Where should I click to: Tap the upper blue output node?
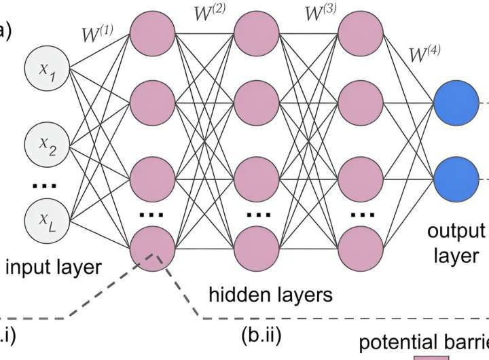pyautogui.click(x=456, y=103)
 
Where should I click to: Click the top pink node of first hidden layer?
pyautogui.click(x=151, y=31)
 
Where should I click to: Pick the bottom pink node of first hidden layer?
pyautogui.click(x=151, y=249)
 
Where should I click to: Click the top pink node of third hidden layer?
pyautogui.click(x=361, y=31)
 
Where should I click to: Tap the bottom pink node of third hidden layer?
pyautogui.click(x=361, y=249)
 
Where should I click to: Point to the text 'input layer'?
pyautogui.click(x=53, y=267)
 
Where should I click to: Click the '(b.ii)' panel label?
pyautogui.click(x=261, y=335)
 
